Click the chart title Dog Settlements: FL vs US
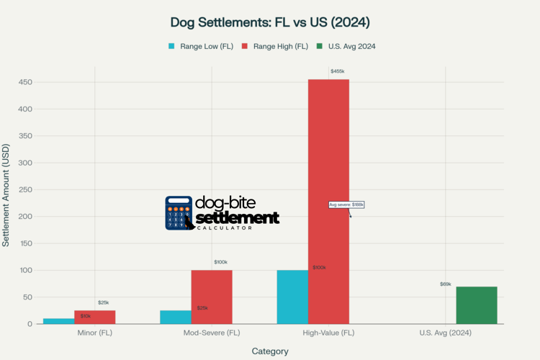270,22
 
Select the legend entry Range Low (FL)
201,46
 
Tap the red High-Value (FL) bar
328,202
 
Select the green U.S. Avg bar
476,305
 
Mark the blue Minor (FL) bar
58,321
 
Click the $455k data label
337,71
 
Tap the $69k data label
446,284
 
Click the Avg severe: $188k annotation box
346,205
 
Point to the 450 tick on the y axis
25,82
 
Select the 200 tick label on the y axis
25,217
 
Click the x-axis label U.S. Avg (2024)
445,333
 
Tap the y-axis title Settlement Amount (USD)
6,195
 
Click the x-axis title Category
270,351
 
